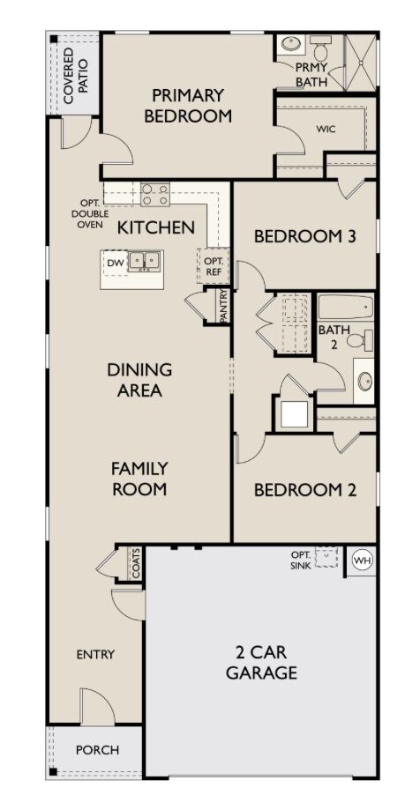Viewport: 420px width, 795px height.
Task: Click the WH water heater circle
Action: click(x=362, y=561)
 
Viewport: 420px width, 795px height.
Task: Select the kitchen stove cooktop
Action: click(x=155, y=195)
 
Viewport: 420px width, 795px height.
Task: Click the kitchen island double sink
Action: click(x=145, y=261)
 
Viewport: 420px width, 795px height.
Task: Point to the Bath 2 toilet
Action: click(x=360, y=339)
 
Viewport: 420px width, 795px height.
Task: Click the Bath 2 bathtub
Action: click(x=346, y=308)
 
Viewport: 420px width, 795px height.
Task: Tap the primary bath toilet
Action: click(x=320, y=48)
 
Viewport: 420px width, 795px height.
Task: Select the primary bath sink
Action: click(x=291, y=43)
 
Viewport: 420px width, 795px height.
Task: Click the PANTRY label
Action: click(x=223, y=306)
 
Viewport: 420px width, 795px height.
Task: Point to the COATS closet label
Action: click(x=136, y=563)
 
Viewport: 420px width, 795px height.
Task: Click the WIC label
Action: click(x=326, y=130)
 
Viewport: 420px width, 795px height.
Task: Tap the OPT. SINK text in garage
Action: click(x=301, y=560)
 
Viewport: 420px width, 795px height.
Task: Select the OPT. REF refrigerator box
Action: click(x=213, y=265)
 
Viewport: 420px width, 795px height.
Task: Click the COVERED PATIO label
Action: click(x=75, y=75)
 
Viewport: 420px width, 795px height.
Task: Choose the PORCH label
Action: click(x=97, y=750)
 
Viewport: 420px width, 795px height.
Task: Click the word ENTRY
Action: click(x=95, y=655)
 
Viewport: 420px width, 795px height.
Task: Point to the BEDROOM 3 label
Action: click(x=304, y=236)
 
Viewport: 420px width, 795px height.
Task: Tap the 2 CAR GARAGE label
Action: click(x=261, y=662)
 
